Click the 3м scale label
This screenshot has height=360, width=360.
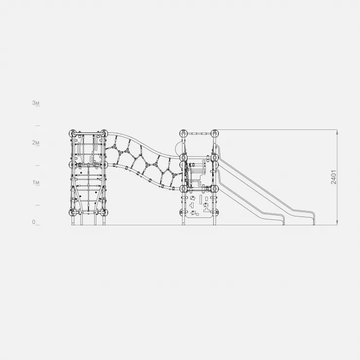coord(36,103)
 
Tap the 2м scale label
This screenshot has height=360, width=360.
coord(36,143)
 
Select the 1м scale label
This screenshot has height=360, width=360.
coord(36,182)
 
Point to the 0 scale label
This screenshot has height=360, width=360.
coord(34,222)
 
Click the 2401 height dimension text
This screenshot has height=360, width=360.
coord(334,177)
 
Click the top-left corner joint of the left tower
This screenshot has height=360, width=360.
coord(72,133)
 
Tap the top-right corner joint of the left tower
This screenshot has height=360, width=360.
coord(104,133)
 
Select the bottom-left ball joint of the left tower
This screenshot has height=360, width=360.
coord(72,212)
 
